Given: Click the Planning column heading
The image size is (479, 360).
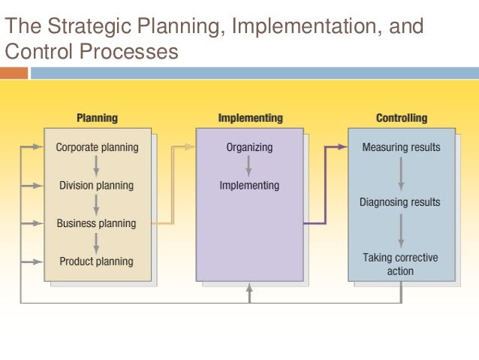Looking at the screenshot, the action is [97, 118].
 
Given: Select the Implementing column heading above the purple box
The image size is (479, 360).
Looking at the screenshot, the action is [250, 118].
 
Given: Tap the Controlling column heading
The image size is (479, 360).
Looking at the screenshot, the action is [401, 118].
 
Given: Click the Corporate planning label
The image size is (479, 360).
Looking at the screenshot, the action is [97, 147].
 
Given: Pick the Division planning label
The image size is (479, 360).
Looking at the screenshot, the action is [97, 186].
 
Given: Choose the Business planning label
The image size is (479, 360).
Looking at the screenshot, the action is [97, 223].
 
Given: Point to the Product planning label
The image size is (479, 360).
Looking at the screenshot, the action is [97, 262].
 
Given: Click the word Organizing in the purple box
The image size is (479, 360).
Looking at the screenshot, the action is [249, 147].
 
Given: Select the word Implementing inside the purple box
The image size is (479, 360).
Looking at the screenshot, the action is [249, 186].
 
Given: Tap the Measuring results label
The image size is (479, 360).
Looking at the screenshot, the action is [401, 147].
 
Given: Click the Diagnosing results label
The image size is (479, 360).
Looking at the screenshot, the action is [401, 202].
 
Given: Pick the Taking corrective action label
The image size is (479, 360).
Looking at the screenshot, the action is [401, 264].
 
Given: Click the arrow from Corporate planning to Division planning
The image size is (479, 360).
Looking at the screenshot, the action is [97, 166].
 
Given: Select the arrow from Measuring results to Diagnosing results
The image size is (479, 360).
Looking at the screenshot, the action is [401, 174].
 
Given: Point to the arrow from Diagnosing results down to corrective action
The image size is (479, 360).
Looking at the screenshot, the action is [401, 230].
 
